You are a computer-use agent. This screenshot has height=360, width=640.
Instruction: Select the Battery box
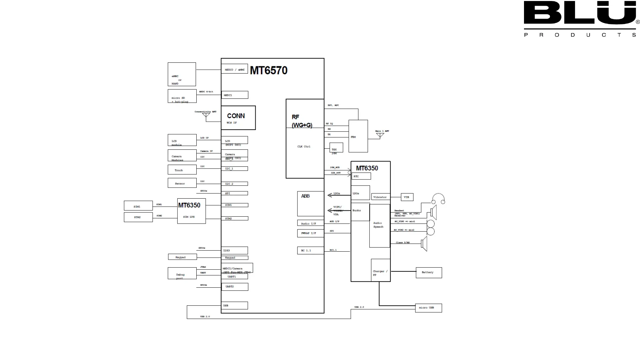coord(429,273)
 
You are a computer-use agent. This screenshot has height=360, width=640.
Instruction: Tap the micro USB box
coord(428,308)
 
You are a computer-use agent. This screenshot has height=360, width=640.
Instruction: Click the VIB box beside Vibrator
coord(407,197)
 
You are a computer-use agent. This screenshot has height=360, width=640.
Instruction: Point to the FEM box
coord(358,136)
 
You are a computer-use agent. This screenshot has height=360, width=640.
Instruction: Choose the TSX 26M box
coord(336,148)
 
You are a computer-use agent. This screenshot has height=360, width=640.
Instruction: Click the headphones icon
coord(438,199)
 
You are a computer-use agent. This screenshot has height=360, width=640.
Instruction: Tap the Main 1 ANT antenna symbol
coord(380,135)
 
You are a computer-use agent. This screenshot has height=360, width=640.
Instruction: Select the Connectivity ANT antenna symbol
coord(206,115)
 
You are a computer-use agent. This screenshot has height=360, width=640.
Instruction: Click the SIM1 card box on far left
coord(138,206)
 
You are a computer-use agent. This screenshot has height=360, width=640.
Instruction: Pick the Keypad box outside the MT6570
coord(182,257)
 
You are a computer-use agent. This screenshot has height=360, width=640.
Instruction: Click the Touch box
coord(182,170)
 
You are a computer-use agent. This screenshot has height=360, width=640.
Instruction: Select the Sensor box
coord(182,183)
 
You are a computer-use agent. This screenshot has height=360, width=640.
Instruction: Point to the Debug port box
coord(182,273)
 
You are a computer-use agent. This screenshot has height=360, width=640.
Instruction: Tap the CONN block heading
coord(236,116)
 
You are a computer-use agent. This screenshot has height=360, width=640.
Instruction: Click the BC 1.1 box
coord(310,250)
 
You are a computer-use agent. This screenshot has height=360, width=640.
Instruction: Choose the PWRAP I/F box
coord(310,233)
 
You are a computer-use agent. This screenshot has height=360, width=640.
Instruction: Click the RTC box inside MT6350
coord(361,176)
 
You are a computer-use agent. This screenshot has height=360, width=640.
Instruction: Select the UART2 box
coord(235,287)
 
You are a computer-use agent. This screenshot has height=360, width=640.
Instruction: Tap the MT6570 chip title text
coord(269,70)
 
